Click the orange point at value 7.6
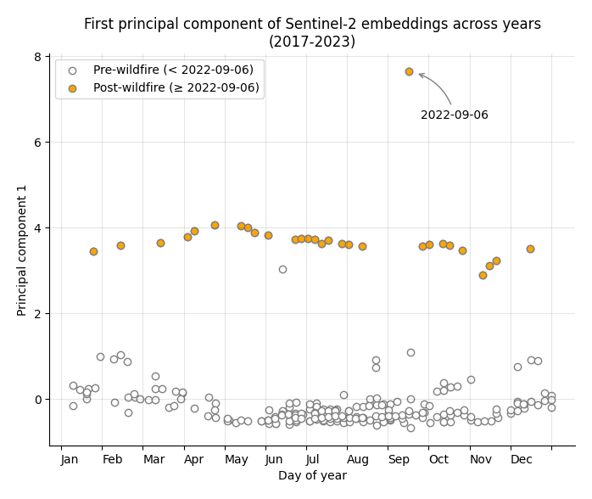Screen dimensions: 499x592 tap(409, 72)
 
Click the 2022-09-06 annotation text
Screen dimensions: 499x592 tap(454, 115)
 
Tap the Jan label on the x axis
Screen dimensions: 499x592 tap(70, 459)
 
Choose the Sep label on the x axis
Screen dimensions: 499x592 tap(399, 459)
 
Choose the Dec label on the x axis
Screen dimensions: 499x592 tap(522, 459)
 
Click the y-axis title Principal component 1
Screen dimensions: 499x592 tap(23, 250)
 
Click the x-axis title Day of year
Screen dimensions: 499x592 tap(312, 476)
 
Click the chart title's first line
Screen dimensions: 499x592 tap(312, 24)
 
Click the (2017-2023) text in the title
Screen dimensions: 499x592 tap(312, 42)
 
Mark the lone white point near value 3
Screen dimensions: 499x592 tap(282, 269)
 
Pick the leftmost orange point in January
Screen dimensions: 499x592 tap(93, 251)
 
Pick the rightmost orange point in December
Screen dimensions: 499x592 tap(530, 249)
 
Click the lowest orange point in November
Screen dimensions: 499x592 tap(483, 275)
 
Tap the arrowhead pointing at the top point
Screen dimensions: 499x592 tap(420, 75)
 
